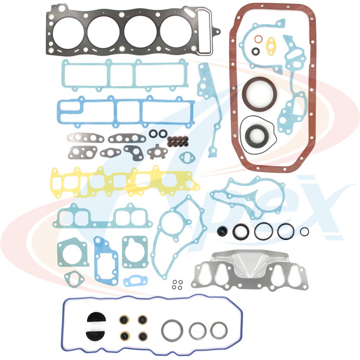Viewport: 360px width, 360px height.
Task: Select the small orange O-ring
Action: tap(258, 39)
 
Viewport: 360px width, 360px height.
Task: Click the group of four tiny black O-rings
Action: tap(176, 284)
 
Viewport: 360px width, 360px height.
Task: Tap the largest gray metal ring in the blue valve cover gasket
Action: tap(172, 330)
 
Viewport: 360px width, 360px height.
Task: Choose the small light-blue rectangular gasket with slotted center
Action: tap(134, 280)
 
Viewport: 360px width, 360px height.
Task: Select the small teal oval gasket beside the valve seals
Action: tap(187, 158)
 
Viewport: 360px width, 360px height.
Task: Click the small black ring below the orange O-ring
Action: tap(255, 51)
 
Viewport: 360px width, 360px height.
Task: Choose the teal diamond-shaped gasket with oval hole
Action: tap(74, 278)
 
